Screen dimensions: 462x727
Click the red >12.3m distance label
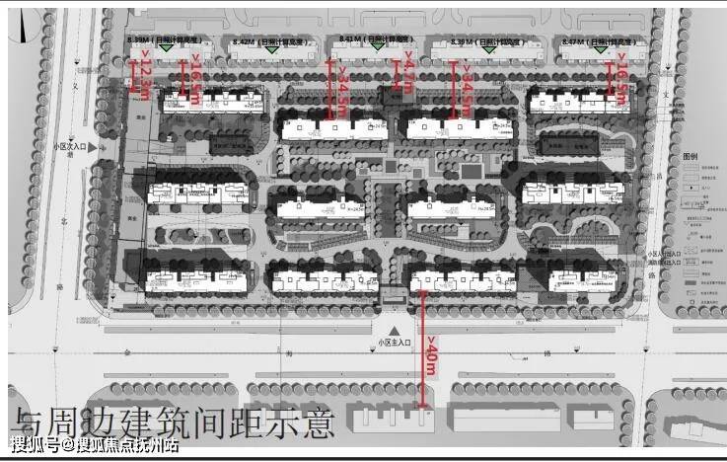[x=146, y=78]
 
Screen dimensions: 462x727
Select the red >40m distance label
[x=431, y=355]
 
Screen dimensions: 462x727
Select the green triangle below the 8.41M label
[x=376, y=46]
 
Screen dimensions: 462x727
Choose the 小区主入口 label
[x=394, y=343]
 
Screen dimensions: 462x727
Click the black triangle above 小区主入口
[x=394, y=330]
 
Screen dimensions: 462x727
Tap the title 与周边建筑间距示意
[x=173, y=423]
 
